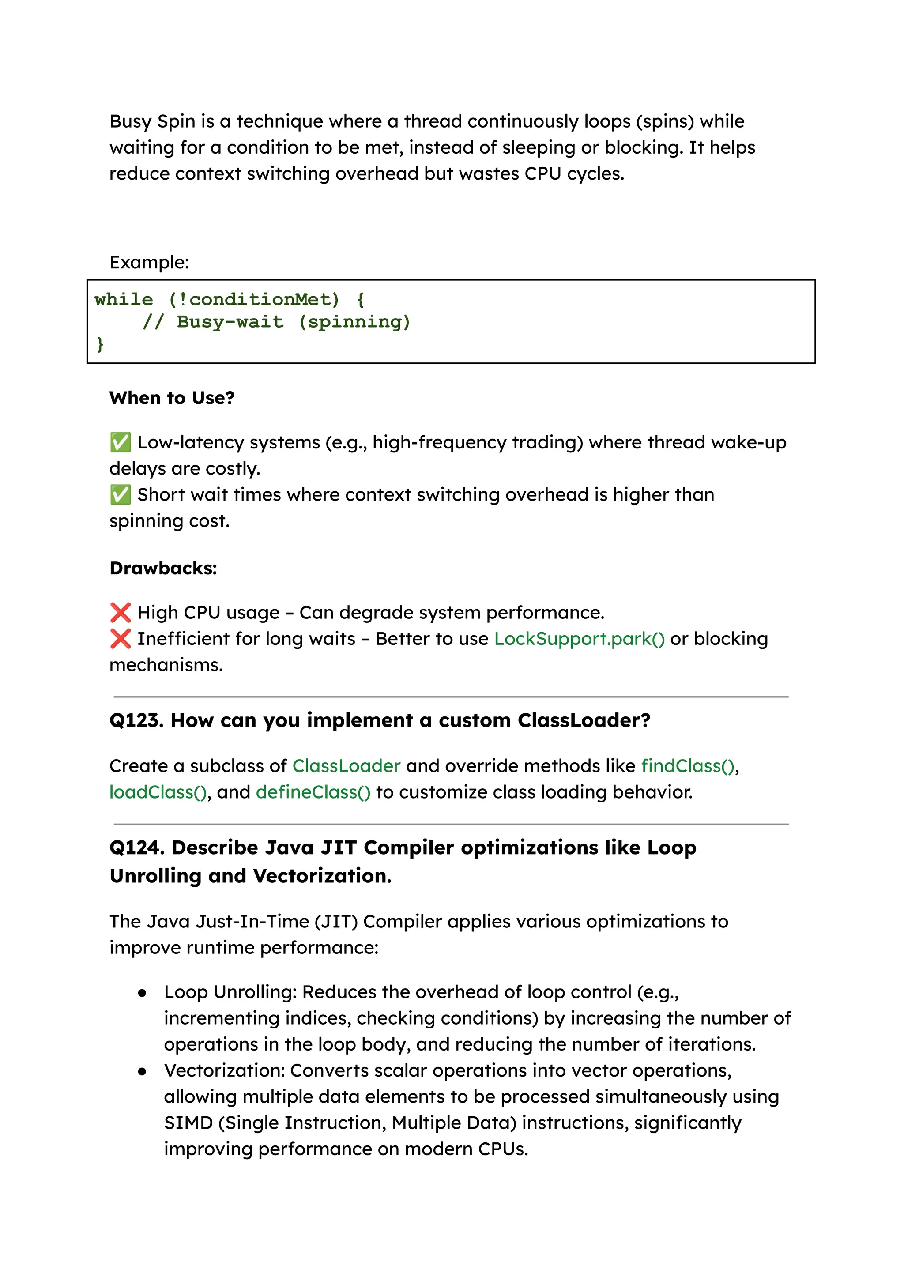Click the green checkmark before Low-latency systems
[120, 443]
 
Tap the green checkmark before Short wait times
[120, 494]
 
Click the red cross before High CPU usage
[120, 612]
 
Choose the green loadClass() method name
[158, 792]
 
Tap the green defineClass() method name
[313, 792]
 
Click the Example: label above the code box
[149, 262]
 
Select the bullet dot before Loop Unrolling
[143, 993]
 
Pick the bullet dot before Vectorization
[143, 1072]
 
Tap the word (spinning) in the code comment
[354, 322]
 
